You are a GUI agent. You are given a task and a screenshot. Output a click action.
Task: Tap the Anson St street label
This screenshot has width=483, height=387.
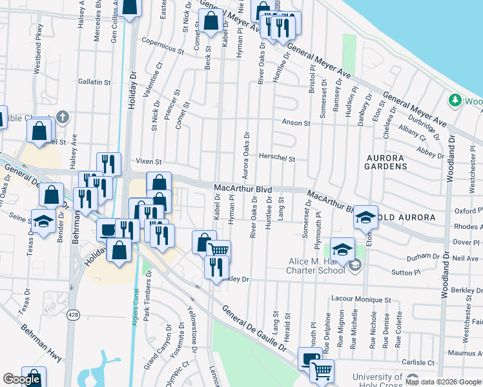coord(296,123)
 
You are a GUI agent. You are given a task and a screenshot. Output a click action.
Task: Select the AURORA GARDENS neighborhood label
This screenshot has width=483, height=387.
coord(387,162)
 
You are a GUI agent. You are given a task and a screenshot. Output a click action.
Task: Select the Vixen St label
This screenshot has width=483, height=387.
coord(147,161)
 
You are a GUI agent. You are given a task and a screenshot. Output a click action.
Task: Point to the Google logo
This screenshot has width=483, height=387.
coord(21,379)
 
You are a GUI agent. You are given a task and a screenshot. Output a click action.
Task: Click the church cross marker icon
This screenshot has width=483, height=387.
coord(62,117)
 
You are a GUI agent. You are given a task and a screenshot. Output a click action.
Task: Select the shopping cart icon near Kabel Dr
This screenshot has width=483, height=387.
coord(219,248)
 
